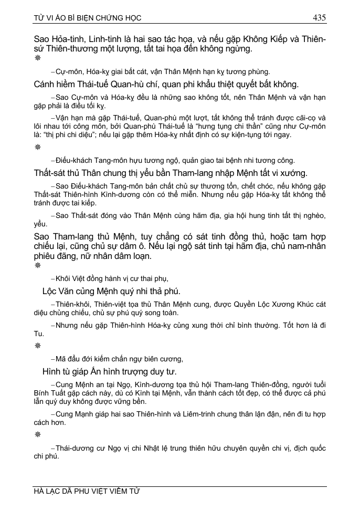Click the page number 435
[x=319, y=17]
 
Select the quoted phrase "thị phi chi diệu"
[x=65, y=135]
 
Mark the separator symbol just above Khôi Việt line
[x=37, y=266]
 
